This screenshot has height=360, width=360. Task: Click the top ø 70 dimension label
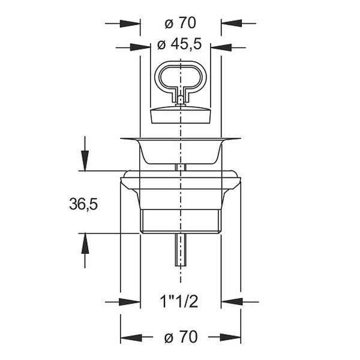(181, 23)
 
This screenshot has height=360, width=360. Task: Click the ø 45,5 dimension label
(179, 44)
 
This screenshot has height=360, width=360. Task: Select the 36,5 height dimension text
(83, 204)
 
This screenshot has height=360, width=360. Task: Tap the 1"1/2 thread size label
(179, 301)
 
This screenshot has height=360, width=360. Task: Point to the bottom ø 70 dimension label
(181, 337)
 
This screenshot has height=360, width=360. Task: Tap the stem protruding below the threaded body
(181, 250)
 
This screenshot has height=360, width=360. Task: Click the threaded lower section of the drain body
(181, 221)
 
